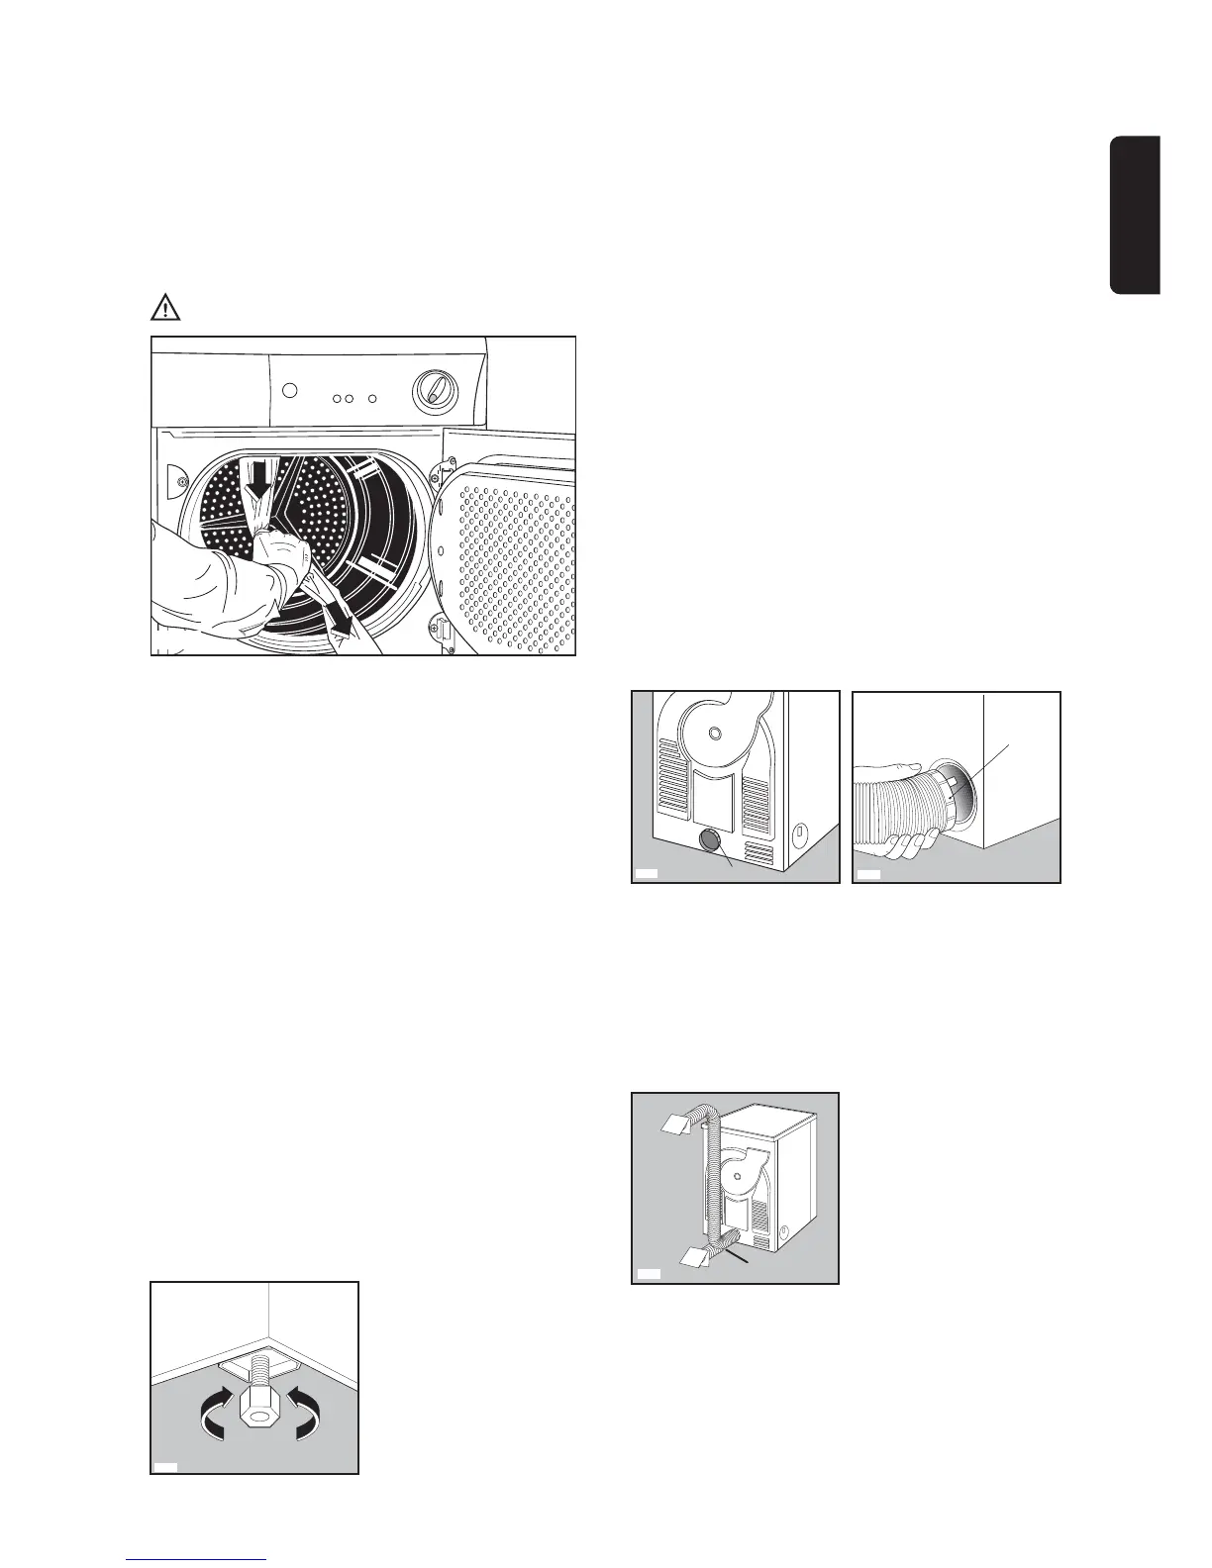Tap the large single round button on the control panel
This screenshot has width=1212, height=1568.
point(289,389)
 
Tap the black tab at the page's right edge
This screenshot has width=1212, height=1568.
point(1135,215)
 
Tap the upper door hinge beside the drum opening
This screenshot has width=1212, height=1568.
point(448,464)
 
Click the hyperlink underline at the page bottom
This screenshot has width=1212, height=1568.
point(196,1561)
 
